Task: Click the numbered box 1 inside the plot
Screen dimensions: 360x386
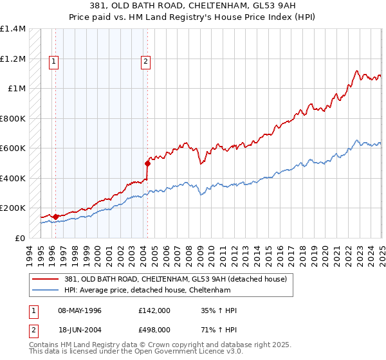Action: (x=53, y=62)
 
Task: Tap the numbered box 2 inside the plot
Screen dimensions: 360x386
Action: (x=146, y=62)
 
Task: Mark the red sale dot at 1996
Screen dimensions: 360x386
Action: (x=55, y=217)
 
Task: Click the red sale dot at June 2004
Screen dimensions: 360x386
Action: (x=148, y=163)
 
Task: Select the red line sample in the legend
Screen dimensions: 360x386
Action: (x=46, y=278)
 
